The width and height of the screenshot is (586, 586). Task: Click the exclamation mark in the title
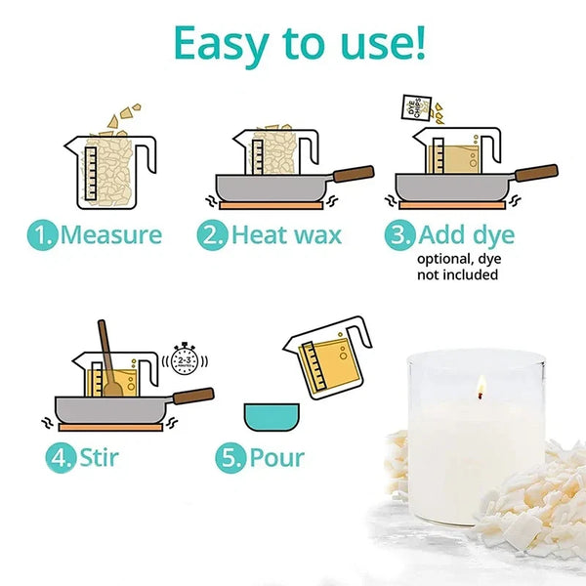click(x=421, y=43)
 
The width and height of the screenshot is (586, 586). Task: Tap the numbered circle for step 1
click(x=43, y=234)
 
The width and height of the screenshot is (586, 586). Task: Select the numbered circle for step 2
click(x=212, y=234)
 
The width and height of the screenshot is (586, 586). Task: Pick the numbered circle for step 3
click(x=399, y=234)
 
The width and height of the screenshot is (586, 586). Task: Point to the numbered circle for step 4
click(x=61, y=458)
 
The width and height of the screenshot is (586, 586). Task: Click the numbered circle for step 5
click(x=230, y=458)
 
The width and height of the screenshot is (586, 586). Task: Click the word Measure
click(x=111, y=234)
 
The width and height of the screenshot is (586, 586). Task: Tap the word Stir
click(x=99, y=457)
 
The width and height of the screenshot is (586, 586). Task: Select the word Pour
click(x=277, y=458)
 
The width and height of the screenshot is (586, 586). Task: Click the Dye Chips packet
click(x=416, y=108)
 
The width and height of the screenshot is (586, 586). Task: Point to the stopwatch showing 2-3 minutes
click(x=185, y=358)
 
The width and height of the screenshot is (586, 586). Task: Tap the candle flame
click(x=481, y=386)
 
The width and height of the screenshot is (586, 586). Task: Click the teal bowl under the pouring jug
click(x=272, y=417)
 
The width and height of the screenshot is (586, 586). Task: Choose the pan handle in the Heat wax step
click(x=354, y=174)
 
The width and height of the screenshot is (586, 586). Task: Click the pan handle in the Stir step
click(x=193, y=396)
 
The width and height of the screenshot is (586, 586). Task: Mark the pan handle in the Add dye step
click(x=536, y=173)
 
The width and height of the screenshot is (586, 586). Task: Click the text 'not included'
click(x=457, y=274)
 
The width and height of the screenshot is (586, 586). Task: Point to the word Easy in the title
click(x=222, y=44)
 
